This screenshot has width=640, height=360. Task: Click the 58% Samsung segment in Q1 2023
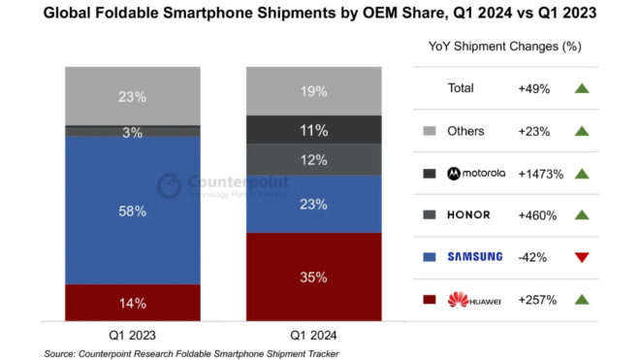(x=133, y=210)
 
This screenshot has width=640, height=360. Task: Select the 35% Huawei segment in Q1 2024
(x=313, y=277)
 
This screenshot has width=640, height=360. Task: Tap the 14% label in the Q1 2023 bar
(x=133, y=303)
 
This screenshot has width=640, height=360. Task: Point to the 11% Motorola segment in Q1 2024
(x=313, y=129)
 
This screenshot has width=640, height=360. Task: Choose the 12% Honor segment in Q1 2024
(x=313, y=159)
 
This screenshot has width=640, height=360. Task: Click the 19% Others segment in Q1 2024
(x=313, y=91)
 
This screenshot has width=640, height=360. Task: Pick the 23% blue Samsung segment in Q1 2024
(x=313, y=204)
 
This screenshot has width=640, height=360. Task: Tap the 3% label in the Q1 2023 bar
(x=133, y=131)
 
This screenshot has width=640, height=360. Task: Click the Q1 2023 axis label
(x=133, y=335)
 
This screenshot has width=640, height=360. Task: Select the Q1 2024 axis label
(x=313, y=335)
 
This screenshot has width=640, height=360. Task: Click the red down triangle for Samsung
(x=582, y=257)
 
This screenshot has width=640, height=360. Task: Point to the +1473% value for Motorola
(x=540, y=173)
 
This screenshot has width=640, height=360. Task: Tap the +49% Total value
(x=534, y=88)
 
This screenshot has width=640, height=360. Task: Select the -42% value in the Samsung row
(x=532, y=257)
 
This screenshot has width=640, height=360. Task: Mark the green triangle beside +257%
(x=582, y=300)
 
